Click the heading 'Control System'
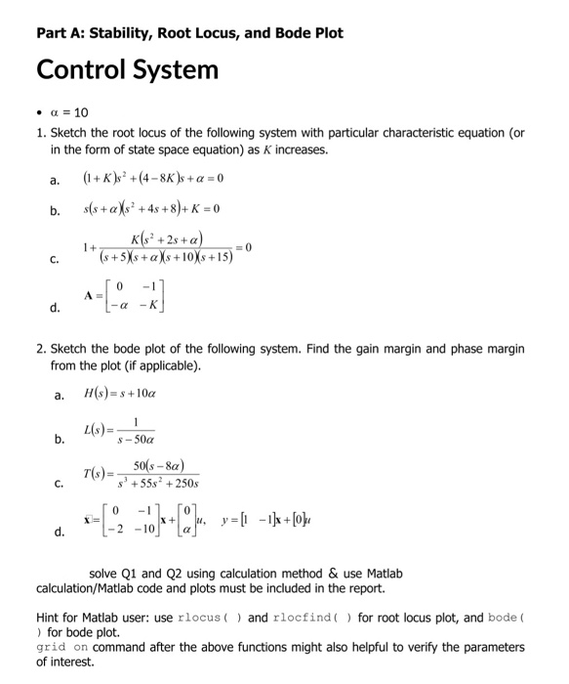click(127, 70)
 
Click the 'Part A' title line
click(189, 32)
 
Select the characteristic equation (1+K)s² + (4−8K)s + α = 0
click(154, 180)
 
